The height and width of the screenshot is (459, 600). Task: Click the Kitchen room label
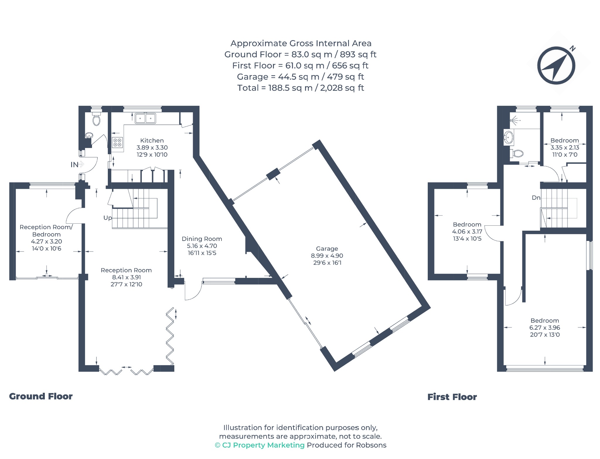click(152, 140)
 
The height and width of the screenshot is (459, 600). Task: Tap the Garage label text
click(327, 249)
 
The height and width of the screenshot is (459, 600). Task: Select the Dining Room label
click(202, 239)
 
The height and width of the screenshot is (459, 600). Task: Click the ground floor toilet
click(96, 118)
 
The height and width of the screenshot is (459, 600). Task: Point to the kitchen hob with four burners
click(117, 143)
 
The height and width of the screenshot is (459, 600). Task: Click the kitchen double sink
click(145, 118)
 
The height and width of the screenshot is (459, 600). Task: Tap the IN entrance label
click(74, 165)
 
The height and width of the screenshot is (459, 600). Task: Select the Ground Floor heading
click(41, 396)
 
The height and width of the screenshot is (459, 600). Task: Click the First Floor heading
click(452, 397)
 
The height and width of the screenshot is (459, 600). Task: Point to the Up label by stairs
click(108, 218)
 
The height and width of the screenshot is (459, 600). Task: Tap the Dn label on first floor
click(536, 198)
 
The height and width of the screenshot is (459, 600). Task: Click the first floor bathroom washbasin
click(509, 137)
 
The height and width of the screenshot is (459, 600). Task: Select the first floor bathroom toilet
click(517, 153)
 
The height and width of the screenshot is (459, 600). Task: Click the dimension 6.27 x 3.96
click(545, 328)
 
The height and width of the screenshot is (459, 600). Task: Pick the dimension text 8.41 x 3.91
click(127, 277)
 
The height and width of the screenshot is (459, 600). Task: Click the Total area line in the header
click(301, 88)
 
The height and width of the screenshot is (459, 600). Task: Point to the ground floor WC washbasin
click(89, 135)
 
